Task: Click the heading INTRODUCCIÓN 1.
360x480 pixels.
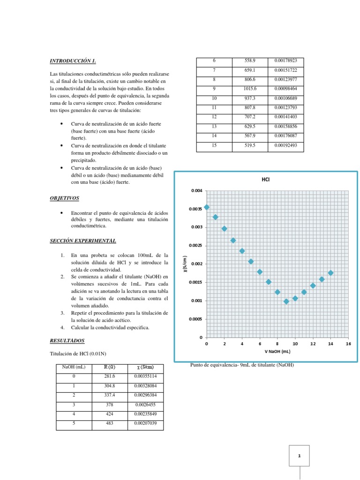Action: [x=73, y=60]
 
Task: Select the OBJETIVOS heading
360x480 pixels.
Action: [x=65, y=198]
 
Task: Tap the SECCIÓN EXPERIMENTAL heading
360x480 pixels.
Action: [x=83, y=241]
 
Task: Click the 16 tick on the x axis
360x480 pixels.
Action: [x=348, y=344]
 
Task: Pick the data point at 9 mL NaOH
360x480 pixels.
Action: [x=286, y=301]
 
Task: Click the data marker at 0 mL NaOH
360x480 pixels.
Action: [x=207, y=207]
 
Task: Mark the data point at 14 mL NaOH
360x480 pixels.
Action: [x=330, y=273]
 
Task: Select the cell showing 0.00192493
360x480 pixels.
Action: [x=286, y=145]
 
